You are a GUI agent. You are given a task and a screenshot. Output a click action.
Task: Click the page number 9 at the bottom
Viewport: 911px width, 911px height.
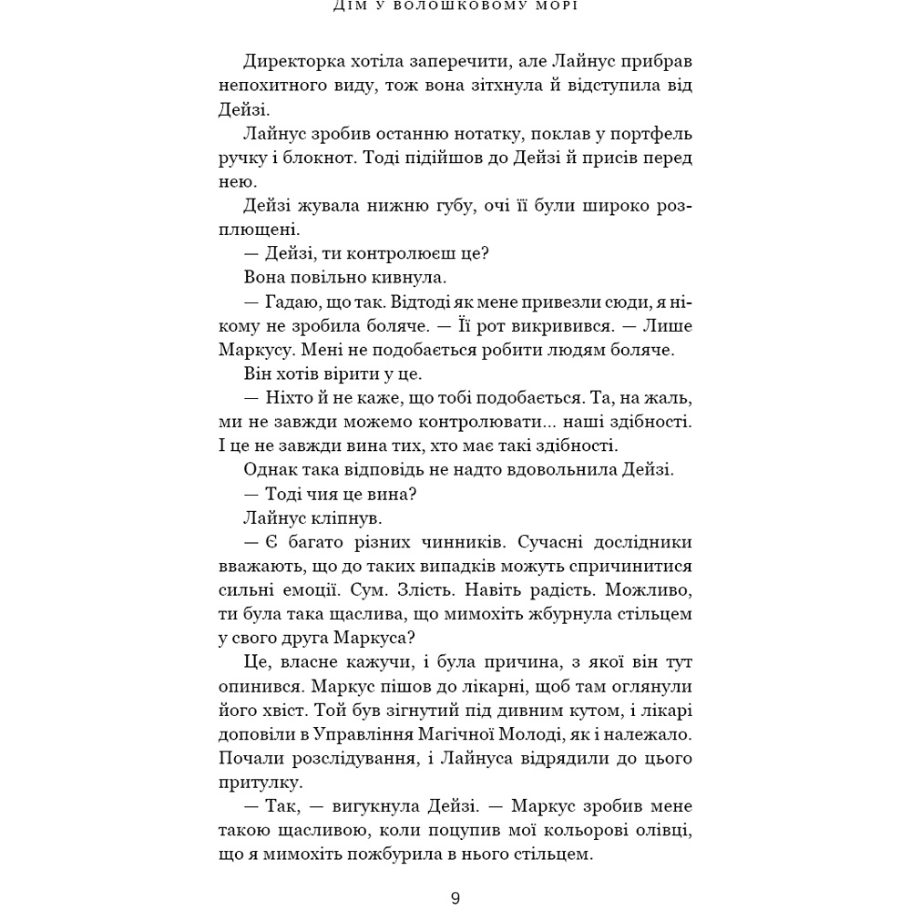[x=455, y=898]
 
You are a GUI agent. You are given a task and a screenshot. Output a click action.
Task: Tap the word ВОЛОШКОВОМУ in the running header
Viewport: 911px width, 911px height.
[x=473, y=5]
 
